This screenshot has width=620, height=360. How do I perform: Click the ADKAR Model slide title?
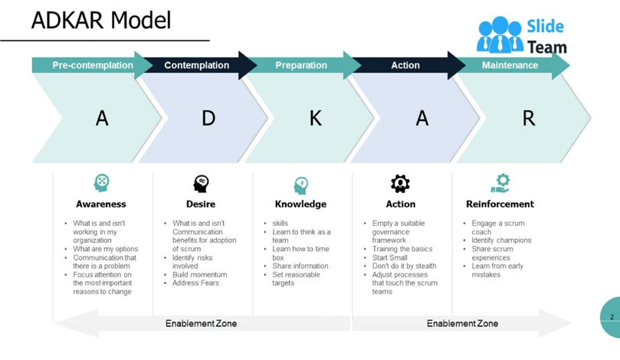click(101, 20)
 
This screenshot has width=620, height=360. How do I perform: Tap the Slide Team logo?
click(521, 36)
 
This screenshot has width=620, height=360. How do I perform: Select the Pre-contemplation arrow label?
click(92, 65)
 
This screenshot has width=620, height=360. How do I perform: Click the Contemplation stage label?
click(196, 65)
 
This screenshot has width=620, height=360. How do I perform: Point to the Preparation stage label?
click(301, 65)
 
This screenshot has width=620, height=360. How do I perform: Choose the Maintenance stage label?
click(510, 65)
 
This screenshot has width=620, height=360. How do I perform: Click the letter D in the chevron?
click(208, 118)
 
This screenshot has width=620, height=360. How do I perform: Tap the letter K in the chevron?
click(315, 118)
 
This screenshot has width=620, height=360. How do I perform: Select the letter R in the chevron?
click(528, 118)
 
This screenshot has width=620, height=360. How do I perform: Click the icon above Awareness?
click(101, 183)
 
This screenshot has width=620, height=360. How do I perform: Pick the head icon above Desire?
click(201, 183)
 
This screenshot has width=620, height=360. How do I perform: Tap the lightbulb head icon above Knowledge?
click(300, 185)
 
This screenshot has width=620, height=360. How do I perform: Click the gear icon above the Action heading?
click(400, 183)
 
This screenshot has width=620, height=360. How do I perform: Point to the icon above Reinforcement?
click(500, 183)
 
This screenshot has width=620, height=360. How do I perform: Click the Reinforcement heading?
click(500, 205)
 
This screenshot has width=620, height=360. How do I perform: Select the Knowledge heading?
click(300, 205)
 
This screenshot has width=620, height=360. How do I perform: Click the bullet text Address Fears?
click(195, 283)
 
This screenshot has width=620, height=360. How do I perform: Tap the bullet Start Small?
click(389, 257)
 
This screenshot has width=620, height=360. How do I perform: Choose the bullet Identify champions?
click(501, 241)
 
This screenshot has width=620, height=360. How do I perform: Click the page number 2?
click(612, 317)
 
